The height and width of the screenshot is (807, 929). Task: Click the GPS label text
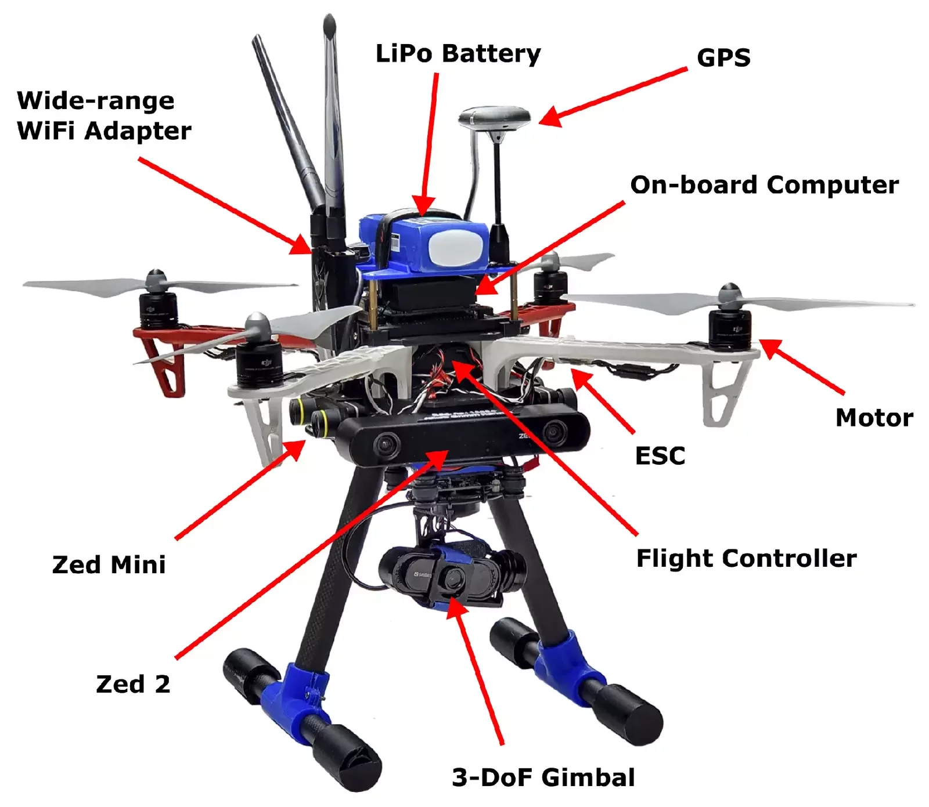723,57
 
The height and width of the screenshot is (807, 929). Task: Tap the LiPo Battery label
458,53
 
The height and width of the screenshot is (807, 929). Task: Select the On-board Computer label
764,185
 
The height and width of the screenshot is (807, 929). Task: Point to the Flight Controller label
746,558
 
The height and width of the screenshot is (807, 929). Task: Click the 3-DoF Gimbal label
543,777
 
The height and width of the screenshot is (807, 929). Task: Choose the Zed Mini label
109,564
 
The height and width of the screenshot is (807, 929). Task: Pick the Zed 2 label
133,684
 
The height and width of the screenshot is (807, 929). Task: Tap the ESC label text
660,456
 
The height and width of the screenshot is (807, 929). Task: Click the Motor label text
874,418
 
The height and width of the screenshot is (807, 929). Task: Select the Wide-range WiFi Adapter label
103,116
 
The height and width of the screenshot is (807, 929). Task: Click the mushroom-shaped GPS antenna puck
495,119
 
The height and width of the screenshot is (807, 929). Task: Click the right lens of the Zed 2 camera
554,432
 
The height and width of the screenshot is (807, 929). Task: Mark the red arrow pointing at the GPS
613,95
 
